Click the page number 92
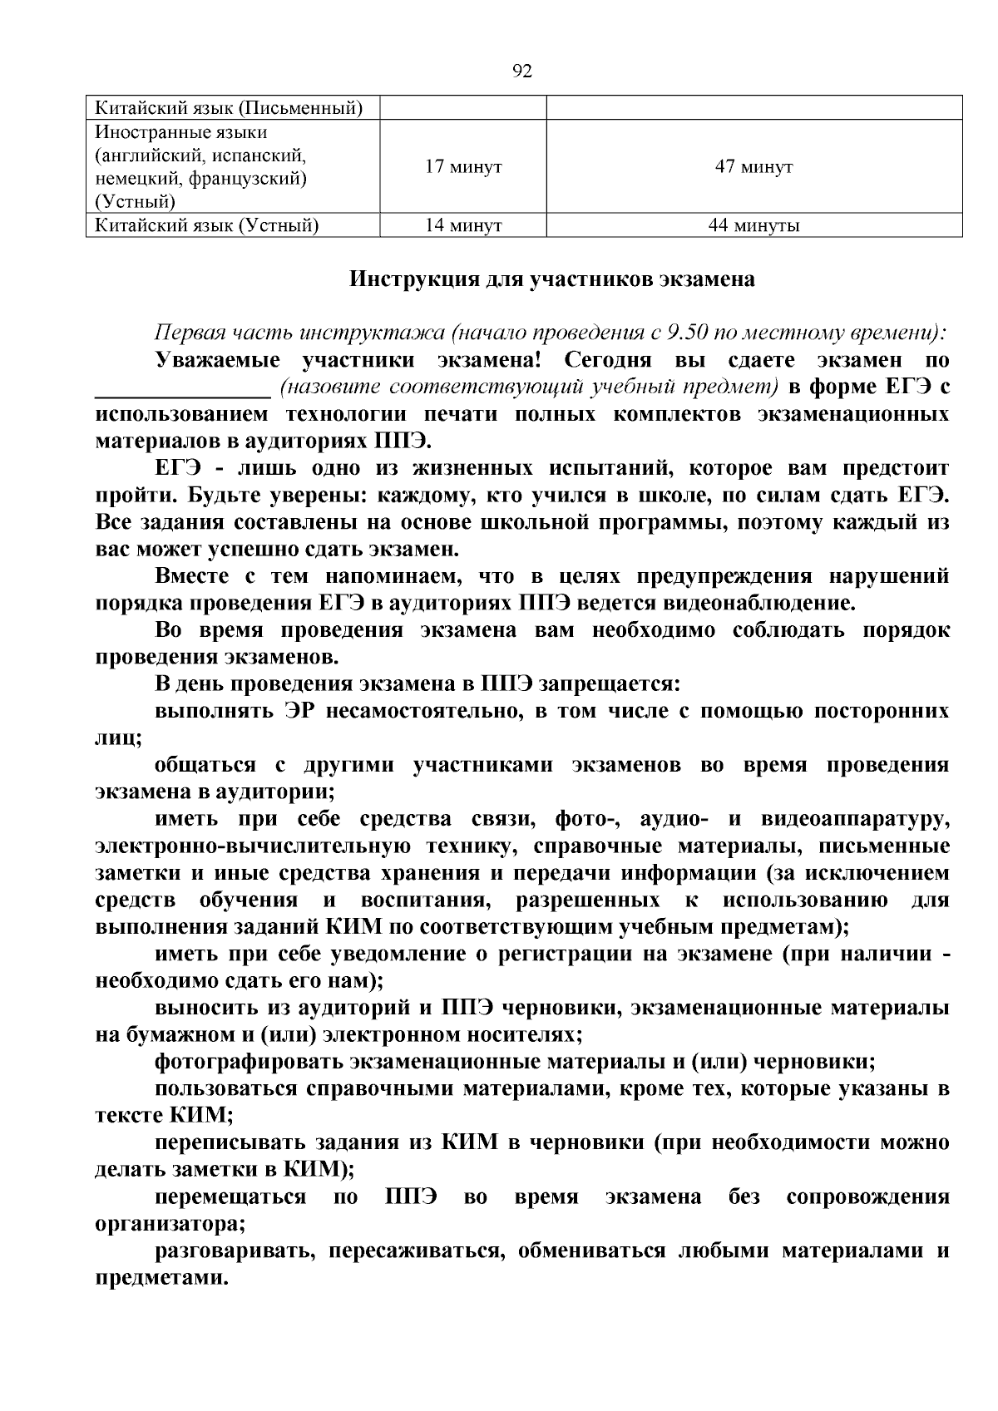(x=522, y=72)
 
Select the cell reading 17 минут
(x=463, y=167)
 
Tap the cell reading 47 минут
(x=753, y=167)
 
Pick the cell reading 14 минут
(x=463, y=225)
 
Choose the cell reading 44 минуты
(x=753, y=225)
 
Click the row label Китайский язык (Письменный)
(x=229, y=108)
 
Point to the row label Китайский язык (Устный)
(x=207, y=225)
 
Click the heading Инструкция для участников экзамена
(x=551, y=279)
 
